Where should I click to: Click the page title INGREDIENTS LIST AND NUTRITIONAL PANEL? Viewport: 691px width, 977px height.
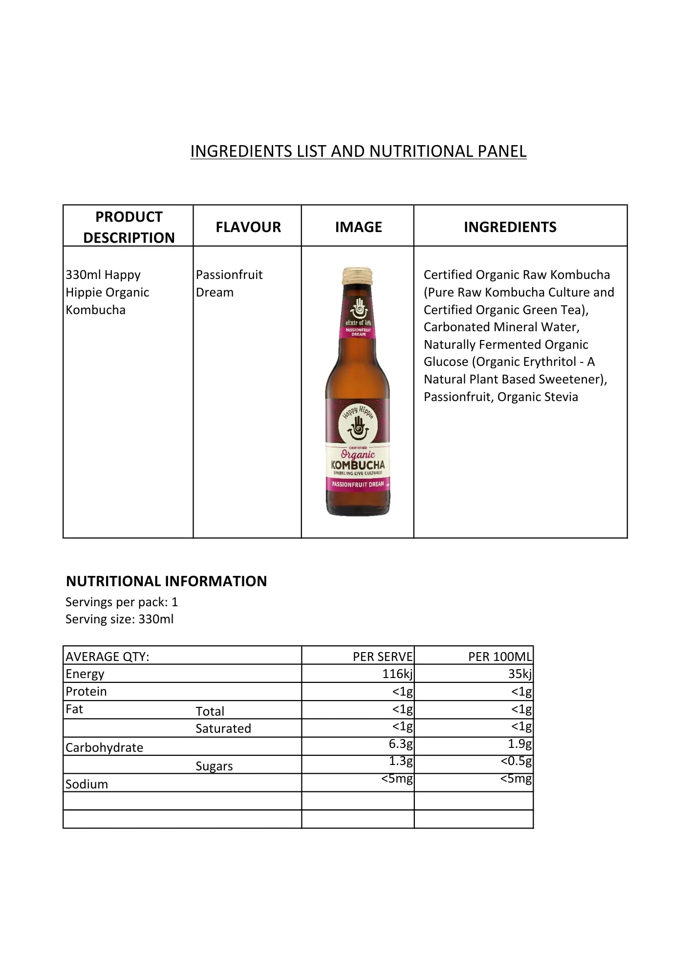pos(358,151)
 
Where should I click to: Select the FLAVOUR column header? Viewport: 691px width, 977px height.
pos(248,227)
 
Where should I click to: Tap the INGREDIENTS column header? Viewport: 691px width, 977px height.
pos(510,227)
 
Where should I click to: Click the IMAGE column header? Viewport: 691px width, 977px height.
pos(358,227)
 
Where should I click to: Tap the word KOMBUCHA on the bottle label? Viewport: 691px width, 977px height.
pos(358,465)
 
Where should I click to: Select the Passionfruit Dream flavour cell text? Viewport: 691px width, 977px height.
pos(229,283)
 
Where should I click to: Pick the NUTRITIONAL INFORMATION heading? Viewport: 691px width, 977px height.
pos(166,581)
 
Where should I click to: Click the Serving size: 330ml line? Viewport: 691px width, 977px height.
pos(120,619)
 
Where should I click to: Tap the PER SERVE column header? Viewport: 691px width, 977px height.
pos(383,657)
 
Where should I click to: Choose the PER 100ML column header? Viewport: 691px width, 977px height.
pos(499,657)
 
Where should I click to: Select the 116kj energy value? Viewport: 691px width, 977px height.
pos(397,674)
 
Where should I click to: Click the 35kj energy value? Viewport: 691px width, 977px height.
pos(519,674)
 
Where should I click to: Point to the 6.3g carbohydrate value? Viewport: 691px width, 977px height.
pos(401,744)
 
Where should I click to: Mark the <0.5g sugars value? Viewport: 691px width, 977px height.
pos(516,761)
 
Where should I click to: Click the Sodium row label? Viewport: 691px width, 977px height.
pos(87,785)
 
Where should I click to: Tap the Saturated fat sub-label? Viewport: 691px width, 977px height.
pos(223,729)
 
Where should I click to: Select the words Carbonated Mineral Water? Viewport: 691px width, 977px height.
pos(501,327)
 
